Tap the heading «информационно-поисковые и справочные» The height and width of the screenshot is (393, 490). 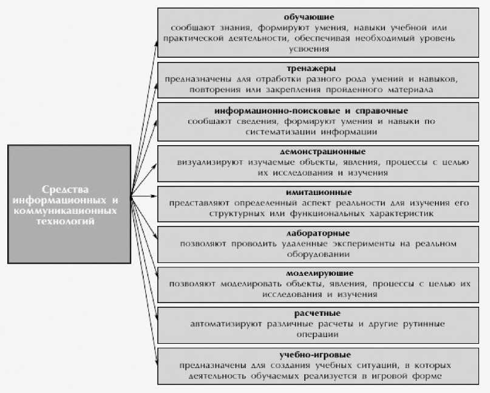(x=311, y=111)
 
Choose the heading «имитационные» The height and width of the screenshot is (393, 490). (x=313, y=192)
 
